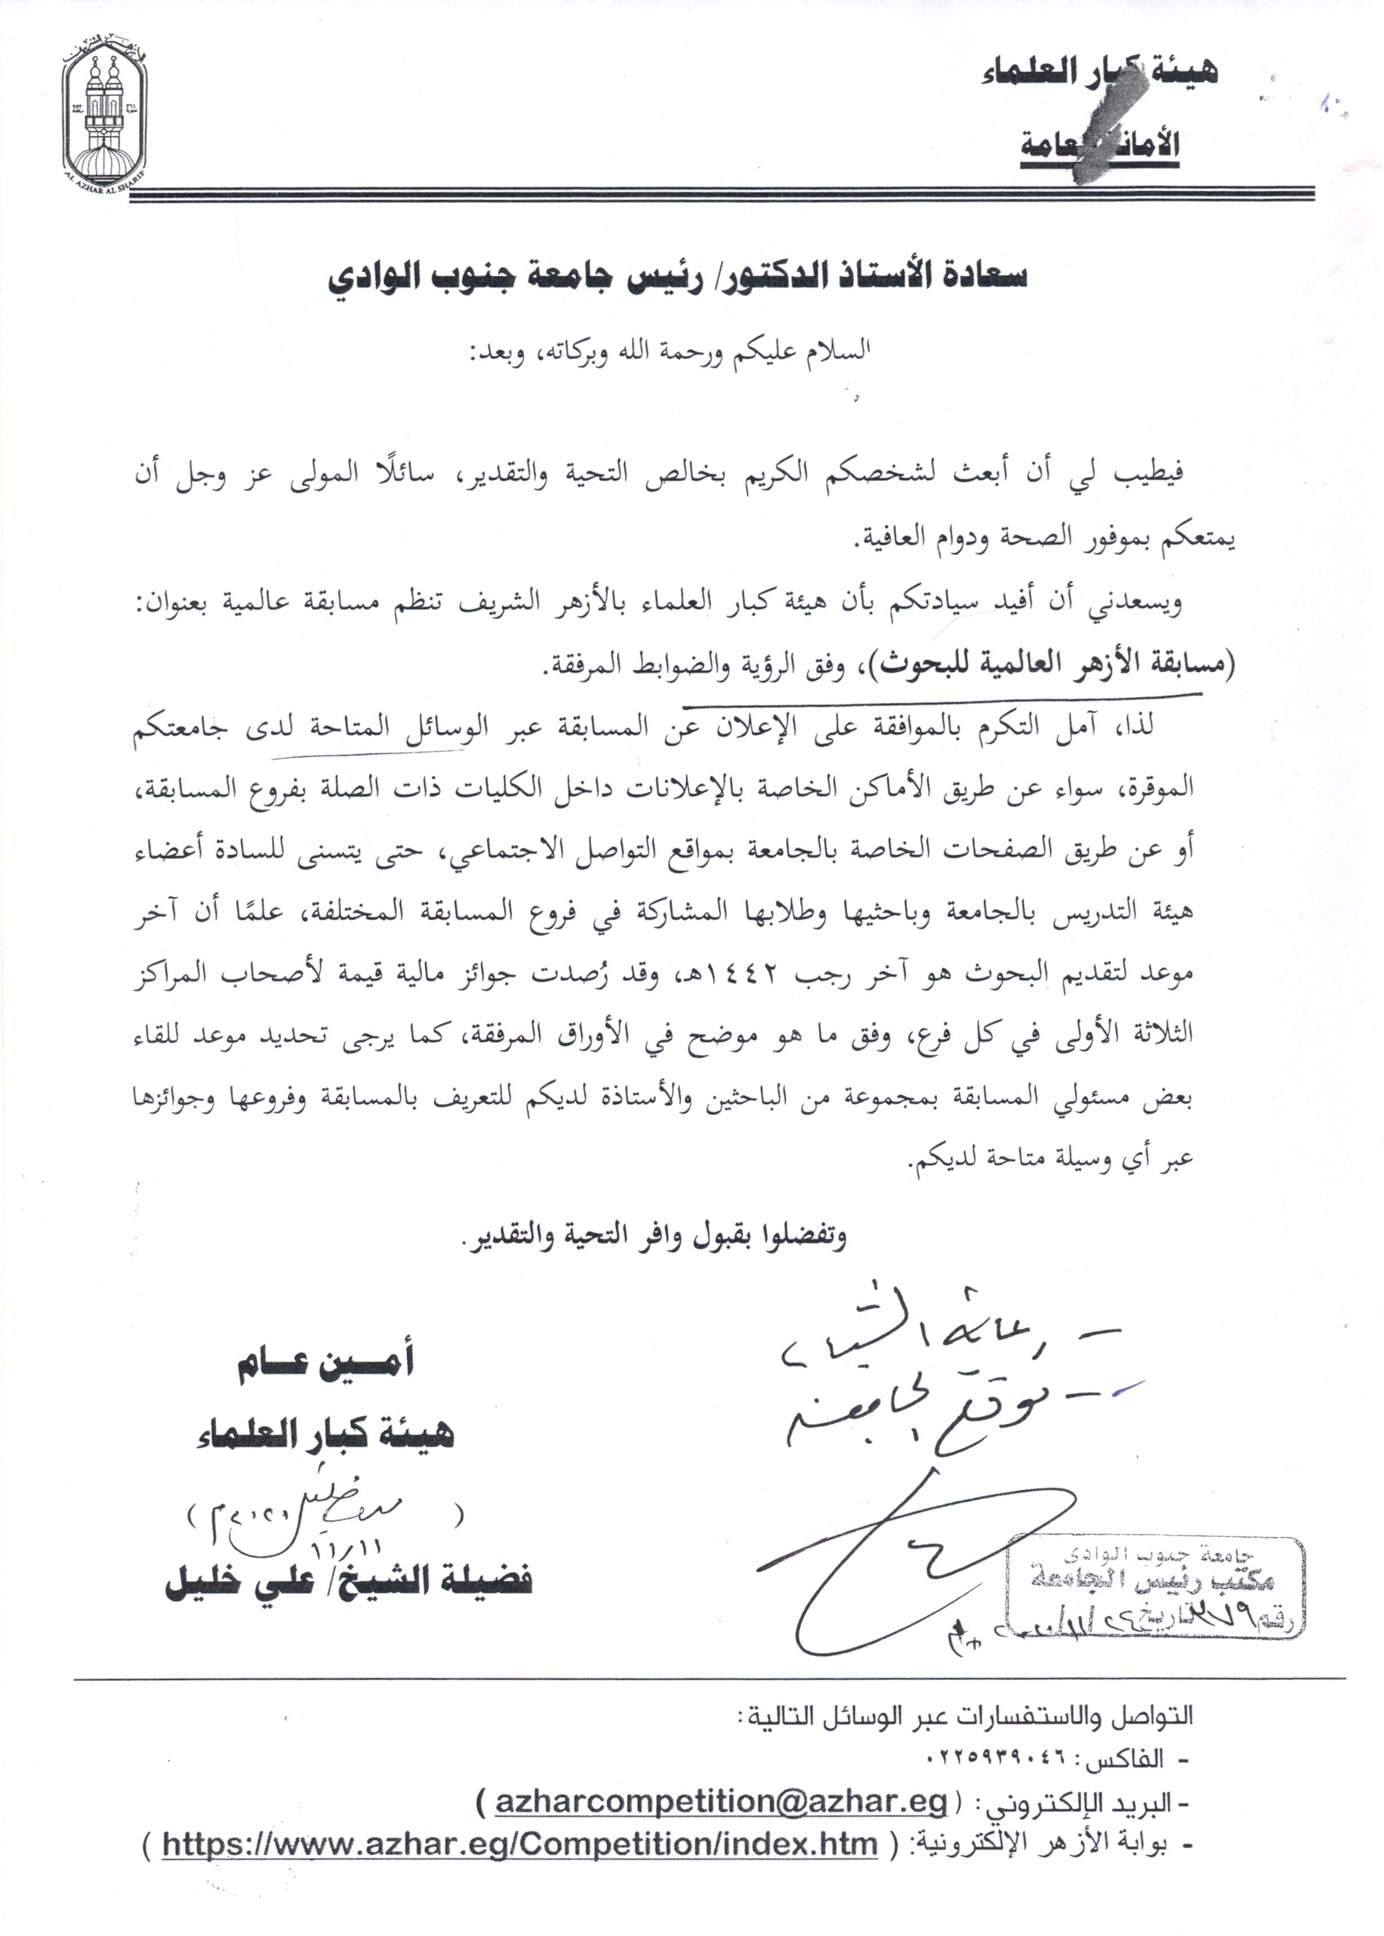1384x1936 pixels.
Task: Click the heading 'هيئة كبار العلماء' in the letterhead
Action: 1099,73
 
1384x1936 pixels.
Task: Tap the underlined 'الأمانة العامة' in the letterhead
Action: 1099,145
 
